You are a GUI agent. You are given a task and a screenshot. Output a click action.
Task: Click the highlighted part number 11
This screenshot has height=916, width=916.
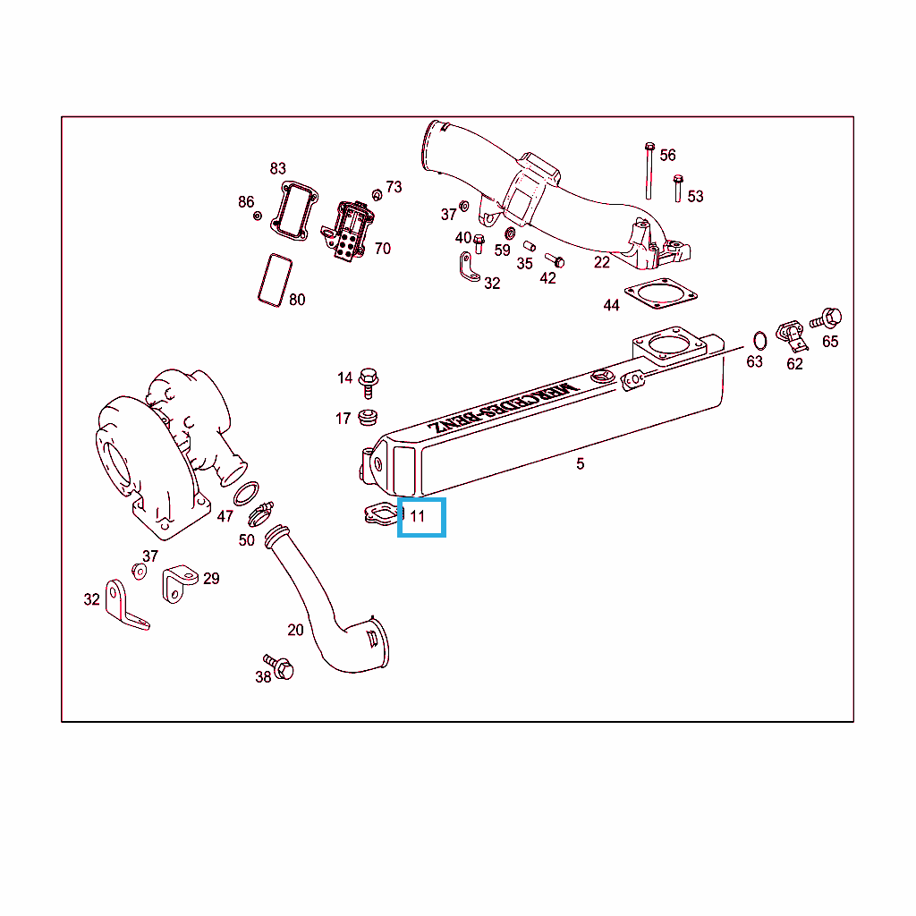417,516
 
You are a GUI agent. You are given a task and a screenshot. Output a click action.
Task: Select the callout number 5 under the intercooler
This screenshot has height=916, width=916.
580,464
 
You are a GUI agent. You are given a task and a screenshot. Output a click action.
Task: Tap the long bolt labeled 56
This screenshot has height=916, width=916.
649,170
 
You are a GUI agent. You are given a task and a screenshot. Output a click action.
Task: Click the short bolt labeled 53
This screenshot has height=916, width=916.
678,188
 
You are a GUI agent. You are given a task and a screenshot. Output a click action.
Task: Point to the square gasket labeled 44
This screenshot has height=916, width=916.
661,293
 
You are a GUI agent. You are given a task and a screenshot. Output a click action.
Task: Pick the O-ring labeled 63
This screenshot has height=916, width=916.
759,340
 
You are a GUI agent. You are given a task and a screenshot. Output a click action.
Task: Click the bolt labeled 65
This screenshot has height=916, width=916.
826,318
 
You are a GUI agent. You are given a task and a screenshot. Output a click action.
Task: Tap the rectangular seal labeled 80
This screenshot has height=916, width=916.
276,280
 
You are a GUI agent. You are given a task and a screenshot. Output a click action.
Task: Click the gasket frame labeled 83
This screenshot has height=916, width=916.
294,211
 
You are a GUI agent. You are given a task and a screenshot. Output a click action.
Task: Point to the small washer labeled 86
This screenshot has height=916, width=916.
257,216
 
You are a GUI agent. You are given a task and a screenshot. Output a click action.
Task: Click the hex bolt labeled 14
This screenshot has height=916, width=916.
368,383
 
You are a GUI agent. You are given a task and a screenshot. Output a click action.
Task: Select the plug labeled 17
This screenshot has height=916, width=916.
368,418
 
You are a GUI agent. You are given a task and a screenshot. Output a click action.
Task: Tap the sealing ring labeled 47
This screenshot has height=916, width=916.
246,494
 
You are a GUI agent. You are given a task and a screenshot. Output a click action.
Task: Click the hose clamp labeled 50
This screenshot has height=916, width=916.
260,514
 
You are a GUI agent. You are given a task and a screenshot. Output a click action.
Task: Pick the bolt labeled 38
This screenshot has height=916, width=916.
279,666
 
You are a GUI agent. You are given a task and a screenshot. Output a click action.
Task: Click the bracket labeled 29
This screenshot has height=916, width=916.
179,583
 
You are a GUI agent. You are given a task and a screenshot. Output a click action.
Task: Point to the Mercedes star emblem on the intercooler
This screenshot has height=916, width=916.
602,376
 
